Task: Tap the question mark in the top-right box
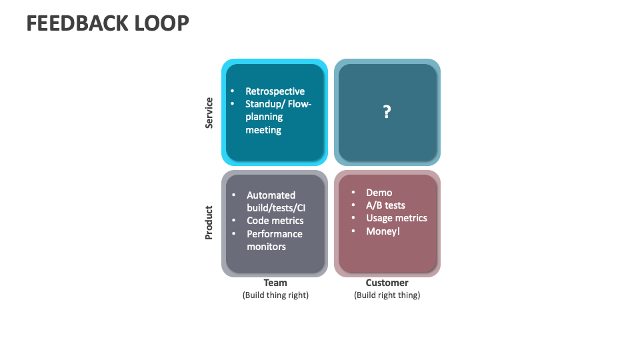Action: click(387, 112)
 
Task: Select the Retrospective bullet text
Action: click(275, 91)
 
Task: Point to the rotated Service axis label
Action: click(209, 113)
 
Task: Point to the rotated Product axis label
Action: click(209, 222)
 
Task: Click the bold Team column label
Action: click(275, 283)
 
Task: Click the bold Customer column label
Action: click(387, 283)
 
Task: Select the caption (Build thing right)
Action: click(275, 295)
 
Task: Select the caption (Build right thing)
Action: click(387, 295)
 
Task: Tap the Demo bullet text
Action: click(379, 193)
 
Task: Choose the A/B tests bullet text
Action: click(385, 205)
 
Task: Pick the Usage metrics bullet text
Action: click(396, 218)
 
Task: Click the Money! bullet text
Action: click(383, 231)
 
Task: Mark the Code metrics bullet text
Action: click(275, 221)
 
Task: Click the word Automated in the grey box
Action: click(271, 195)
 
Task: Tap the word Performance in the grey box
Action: click(274, 234)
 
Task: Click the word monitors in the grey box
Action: click(266, 247)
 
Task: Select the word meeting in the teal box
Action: click(263, 130)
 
